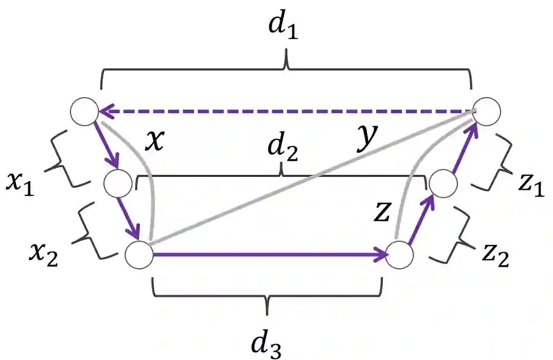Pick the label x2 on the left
coord(44,253)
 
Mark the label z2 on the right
coord(495,254)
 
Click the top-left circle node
coord(84,111)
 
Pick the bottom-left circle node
coord(139,254)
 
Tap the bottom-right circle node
coord(400,255)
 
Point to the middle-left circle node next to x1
coord(118,184)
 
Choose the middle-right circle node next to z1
coord(443,184)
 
